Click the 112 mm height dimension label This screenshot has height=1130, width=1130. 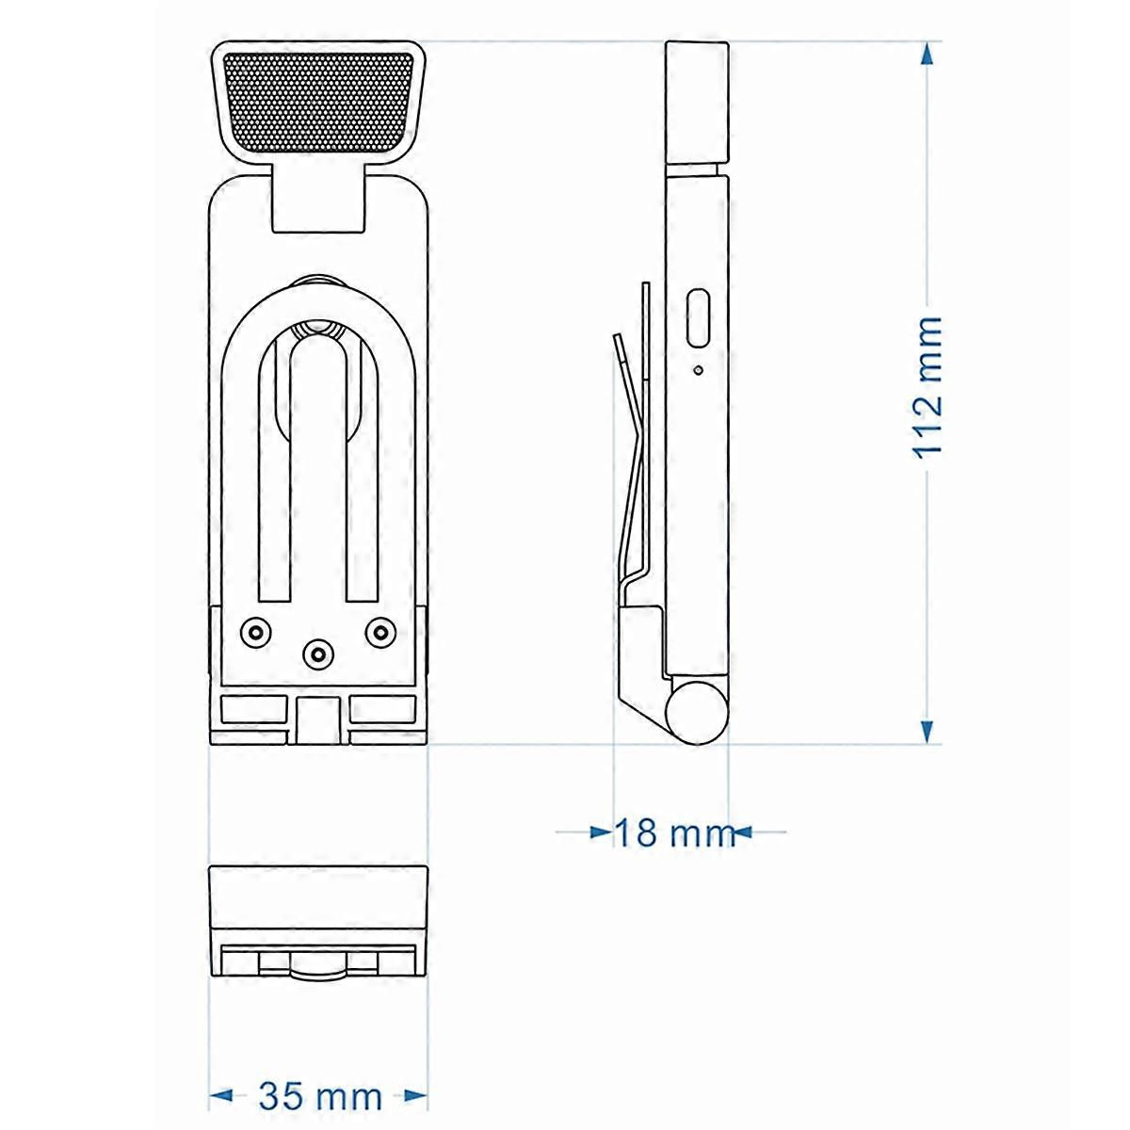[x=928, y=386]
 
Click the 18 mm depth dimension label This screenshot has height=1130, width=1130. [x=672, y=832]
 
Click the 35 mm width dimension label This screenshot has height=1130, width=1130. [x=320, y=1096]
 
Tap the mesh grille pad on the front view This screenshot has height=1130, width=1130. [x=317, y=102]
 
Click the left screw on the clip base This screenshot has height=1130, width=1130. [x=254, y=632]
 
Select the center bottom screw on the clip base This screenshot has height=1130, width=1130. [x=318, y=652]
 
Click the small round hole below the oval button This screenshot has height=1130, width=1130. [x=698, y=370]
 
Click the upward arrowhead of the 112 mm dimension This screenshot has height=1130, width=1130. [x=928, y=55]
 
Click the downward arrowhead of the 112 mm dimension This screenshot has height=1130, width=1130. [x=928, y=731]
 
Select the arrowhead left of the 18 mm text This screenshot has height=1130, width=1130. [x=601, y=831]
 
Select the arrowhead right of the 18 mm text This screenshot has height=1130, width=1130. [x=741, y=831]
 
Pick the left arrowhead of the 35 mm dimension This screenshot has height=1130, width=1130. [x=220, y=1095]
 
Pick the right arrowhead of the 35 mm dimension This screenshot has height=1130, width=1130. [x=415, y=1095]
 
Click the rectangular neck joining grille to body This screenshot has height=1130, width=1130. [x=317, y=200]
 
